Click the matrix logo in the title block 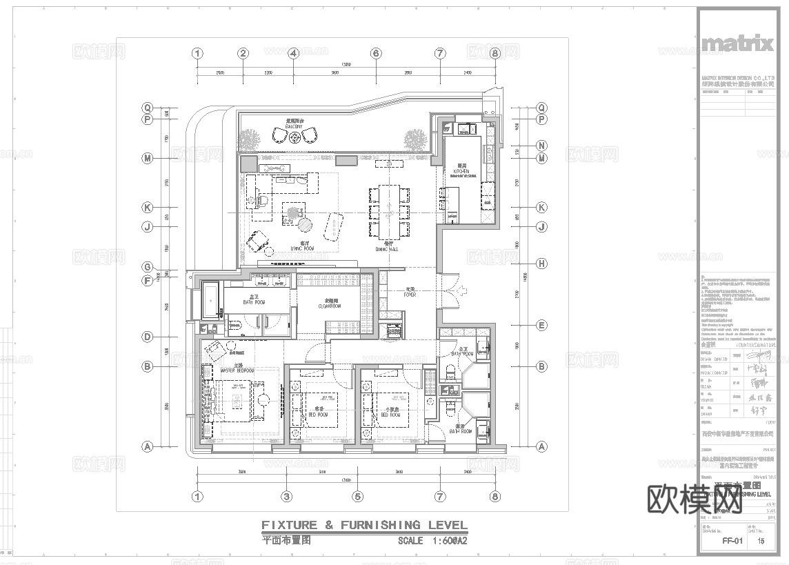tap(737, 44)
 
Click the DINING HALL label tap(389, 248)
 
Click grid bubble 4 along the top tap(293, 53)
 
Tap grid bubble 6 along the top tap(376, 53)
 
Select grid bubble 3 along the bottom tap(286, 496)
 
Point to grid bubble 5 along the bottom tap(357, 496)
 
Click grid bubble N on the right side tap(542, 146)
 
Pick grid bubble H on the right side tap(542, 264)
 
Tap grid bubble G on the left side tap(147, 267)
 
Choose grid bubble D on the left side tap(147, 337)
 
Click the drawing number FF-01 tap(732, 542)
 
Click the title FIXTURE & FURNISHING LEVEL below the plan tap(364, 525)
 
